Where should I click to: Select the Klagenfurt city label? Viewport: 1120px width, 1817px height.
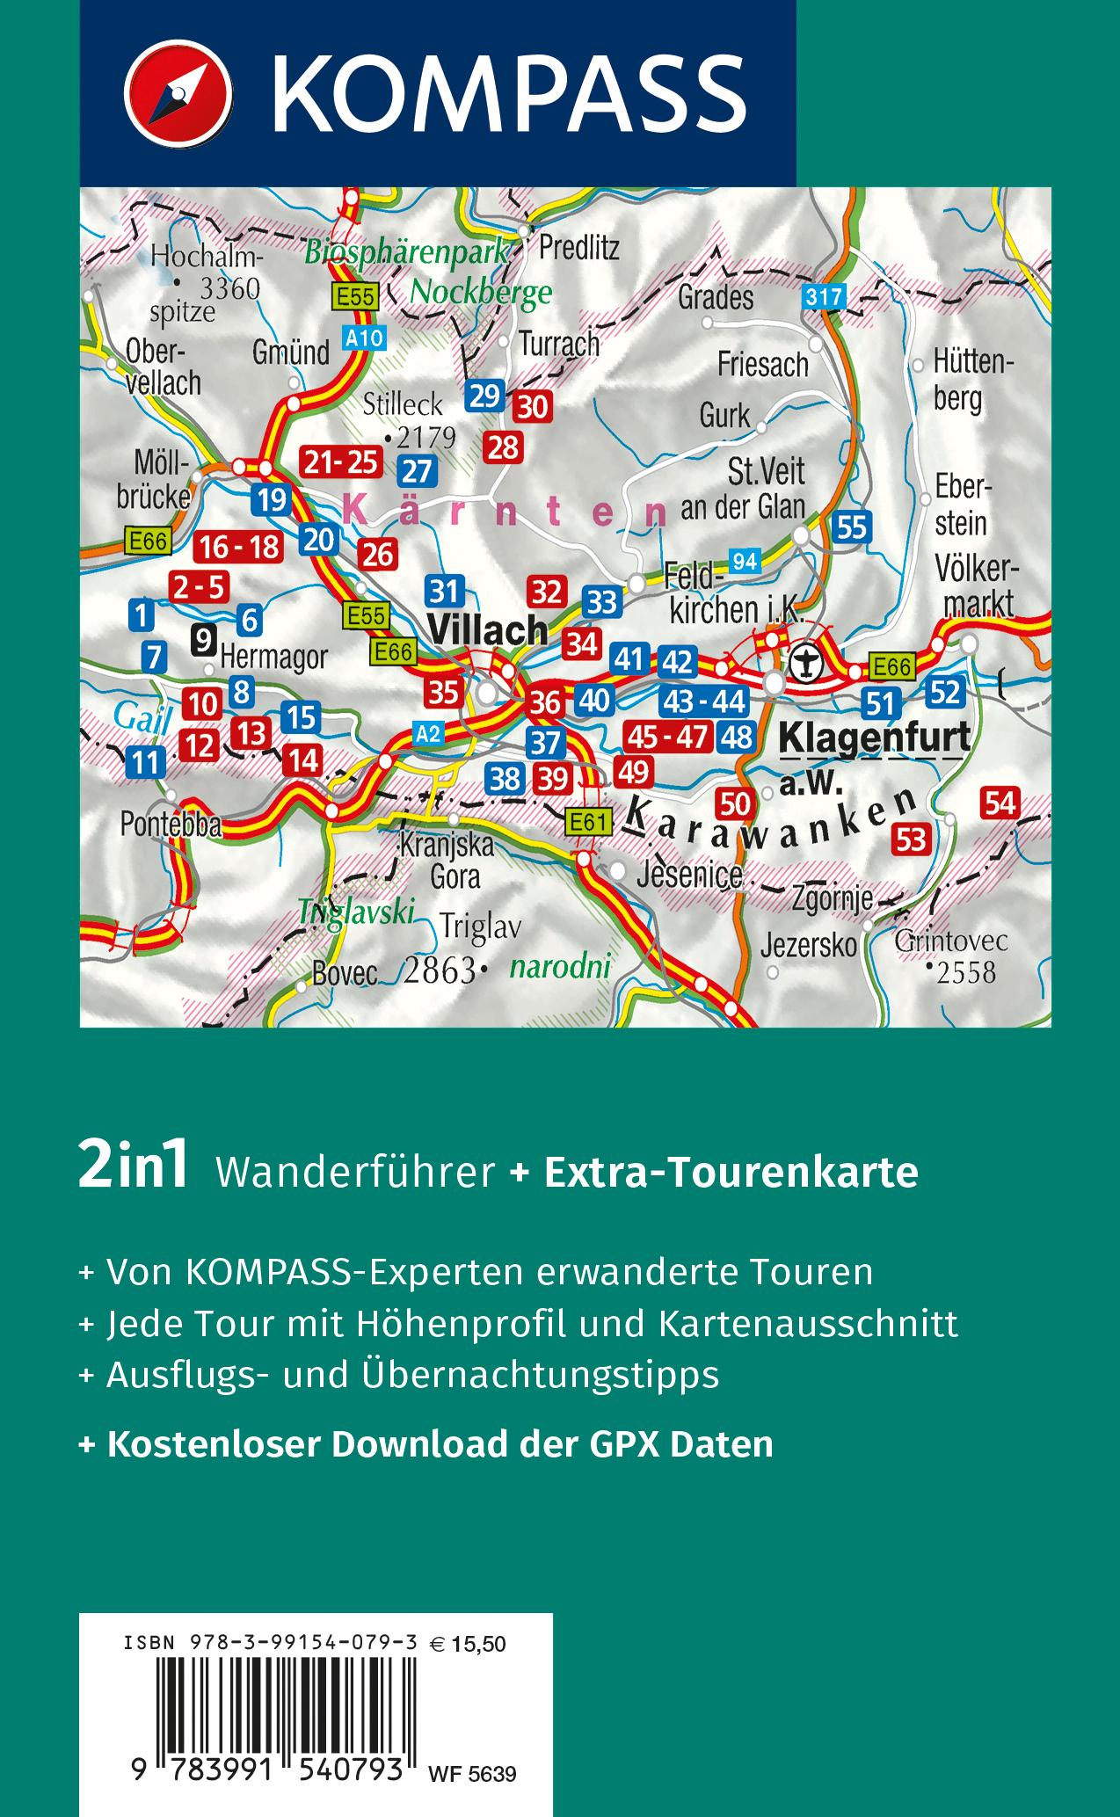[876, 736]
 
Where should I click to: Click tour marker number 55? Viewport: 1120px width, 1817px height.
[852, 527]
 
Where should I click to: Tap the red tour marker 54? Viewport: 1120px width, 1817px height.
[1001, 803]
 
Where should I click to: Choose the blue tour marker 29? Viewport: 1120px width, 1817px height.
[484, 396]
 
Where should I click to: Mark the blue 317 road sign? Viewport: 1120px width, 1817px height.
[823, 297]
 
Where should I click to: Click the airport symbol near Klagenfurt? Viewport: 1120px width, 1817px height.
[804, 661]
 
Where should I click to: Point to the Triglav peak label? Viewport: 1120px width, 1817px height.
[481, 927]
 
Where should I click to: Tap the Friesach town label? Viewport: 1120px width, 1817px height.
[762, 363]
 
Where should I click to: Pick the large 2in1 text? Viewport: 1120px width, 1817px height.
[134, 1169]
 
